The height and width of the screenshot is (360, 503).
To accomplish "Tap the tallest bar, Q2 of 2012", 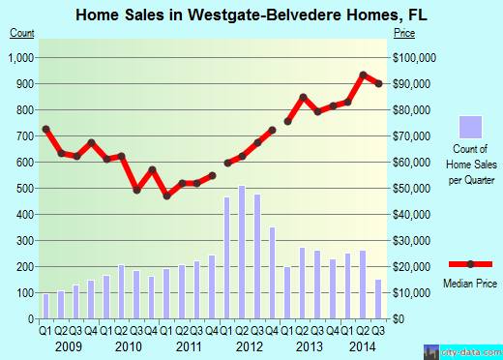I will [x=242, y=252].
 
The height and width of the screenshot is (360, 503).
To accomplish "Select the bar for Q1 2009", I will [x=45, y=306].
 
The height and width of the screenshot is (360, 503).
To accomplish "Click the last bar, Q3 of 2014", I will [x=379, y=299].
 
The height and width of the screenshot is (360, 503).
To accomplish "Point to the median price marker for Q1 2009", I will [x=45, y=129].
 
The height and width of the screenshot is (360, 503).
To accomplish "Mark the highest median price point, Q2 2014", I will [x=364, y=75].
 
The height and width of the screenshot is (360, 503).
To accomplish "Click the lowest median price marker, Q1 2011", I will [x=166, y=195].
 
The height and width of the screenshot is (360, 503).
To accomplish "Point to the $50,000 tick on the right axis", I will [x=413, y=188].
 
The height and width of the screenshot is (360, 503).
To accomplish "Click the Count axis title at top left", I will [x=21, y=34].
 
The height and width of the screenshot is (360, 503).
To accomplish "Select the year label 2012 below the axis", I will [x=250, y=346].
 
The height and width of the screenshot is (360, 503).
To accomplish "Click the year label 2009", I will [x=68, y=346].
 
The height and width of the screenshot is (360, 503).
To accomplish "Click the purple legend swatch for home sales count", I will [x=469, y=127].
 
